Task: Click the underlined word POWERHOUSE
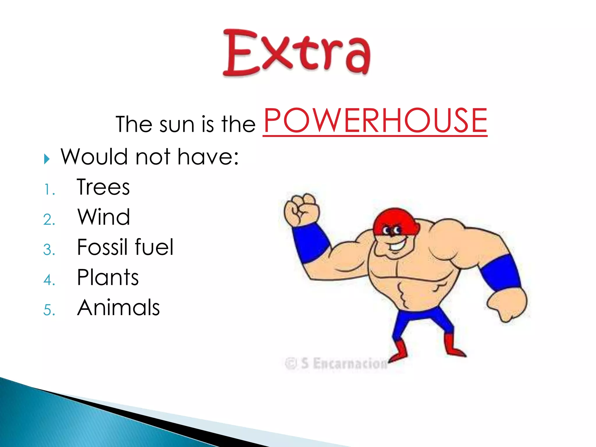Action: [x=375, y=120]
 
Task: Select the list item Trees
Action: [x=103, y=187]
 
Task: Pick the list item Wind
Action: [x=104, y=217]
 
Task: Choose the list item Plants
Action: [x=108, y=277]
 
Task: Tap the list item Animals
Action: [x=118, y=307]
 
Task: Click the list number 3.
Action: [x=49, y=250]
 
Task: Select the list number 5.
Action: [x=49, y=310]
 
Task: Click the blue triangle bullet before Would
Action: [x=47, y=159]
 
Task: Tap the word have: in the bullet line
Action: [x=208, y=157]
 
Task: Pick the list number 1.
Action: [x=49, y=190]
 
